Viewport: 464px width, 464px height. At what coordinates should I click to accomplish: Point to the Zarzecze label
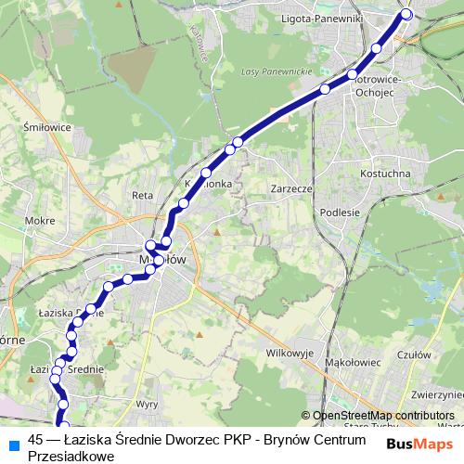tap(289, 187)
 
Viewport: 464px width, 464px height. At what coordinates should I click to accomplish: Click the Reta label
tap(142, 195)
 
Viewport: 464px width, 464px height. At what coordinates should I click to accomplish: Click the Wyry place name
tap(147, 405)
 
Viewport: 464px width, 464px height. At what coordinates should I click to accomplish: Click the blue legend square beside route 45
tap(13, 443)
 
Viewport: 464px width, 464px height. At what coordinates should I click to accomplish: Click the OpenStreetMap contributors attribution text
tap(382, 415)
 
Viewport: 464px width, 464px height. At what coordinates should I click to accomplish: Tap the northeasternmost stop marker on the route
tap(406, 14)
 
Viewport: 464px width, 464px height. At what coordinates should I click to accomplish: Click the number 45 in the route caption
tap(36, 439)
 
